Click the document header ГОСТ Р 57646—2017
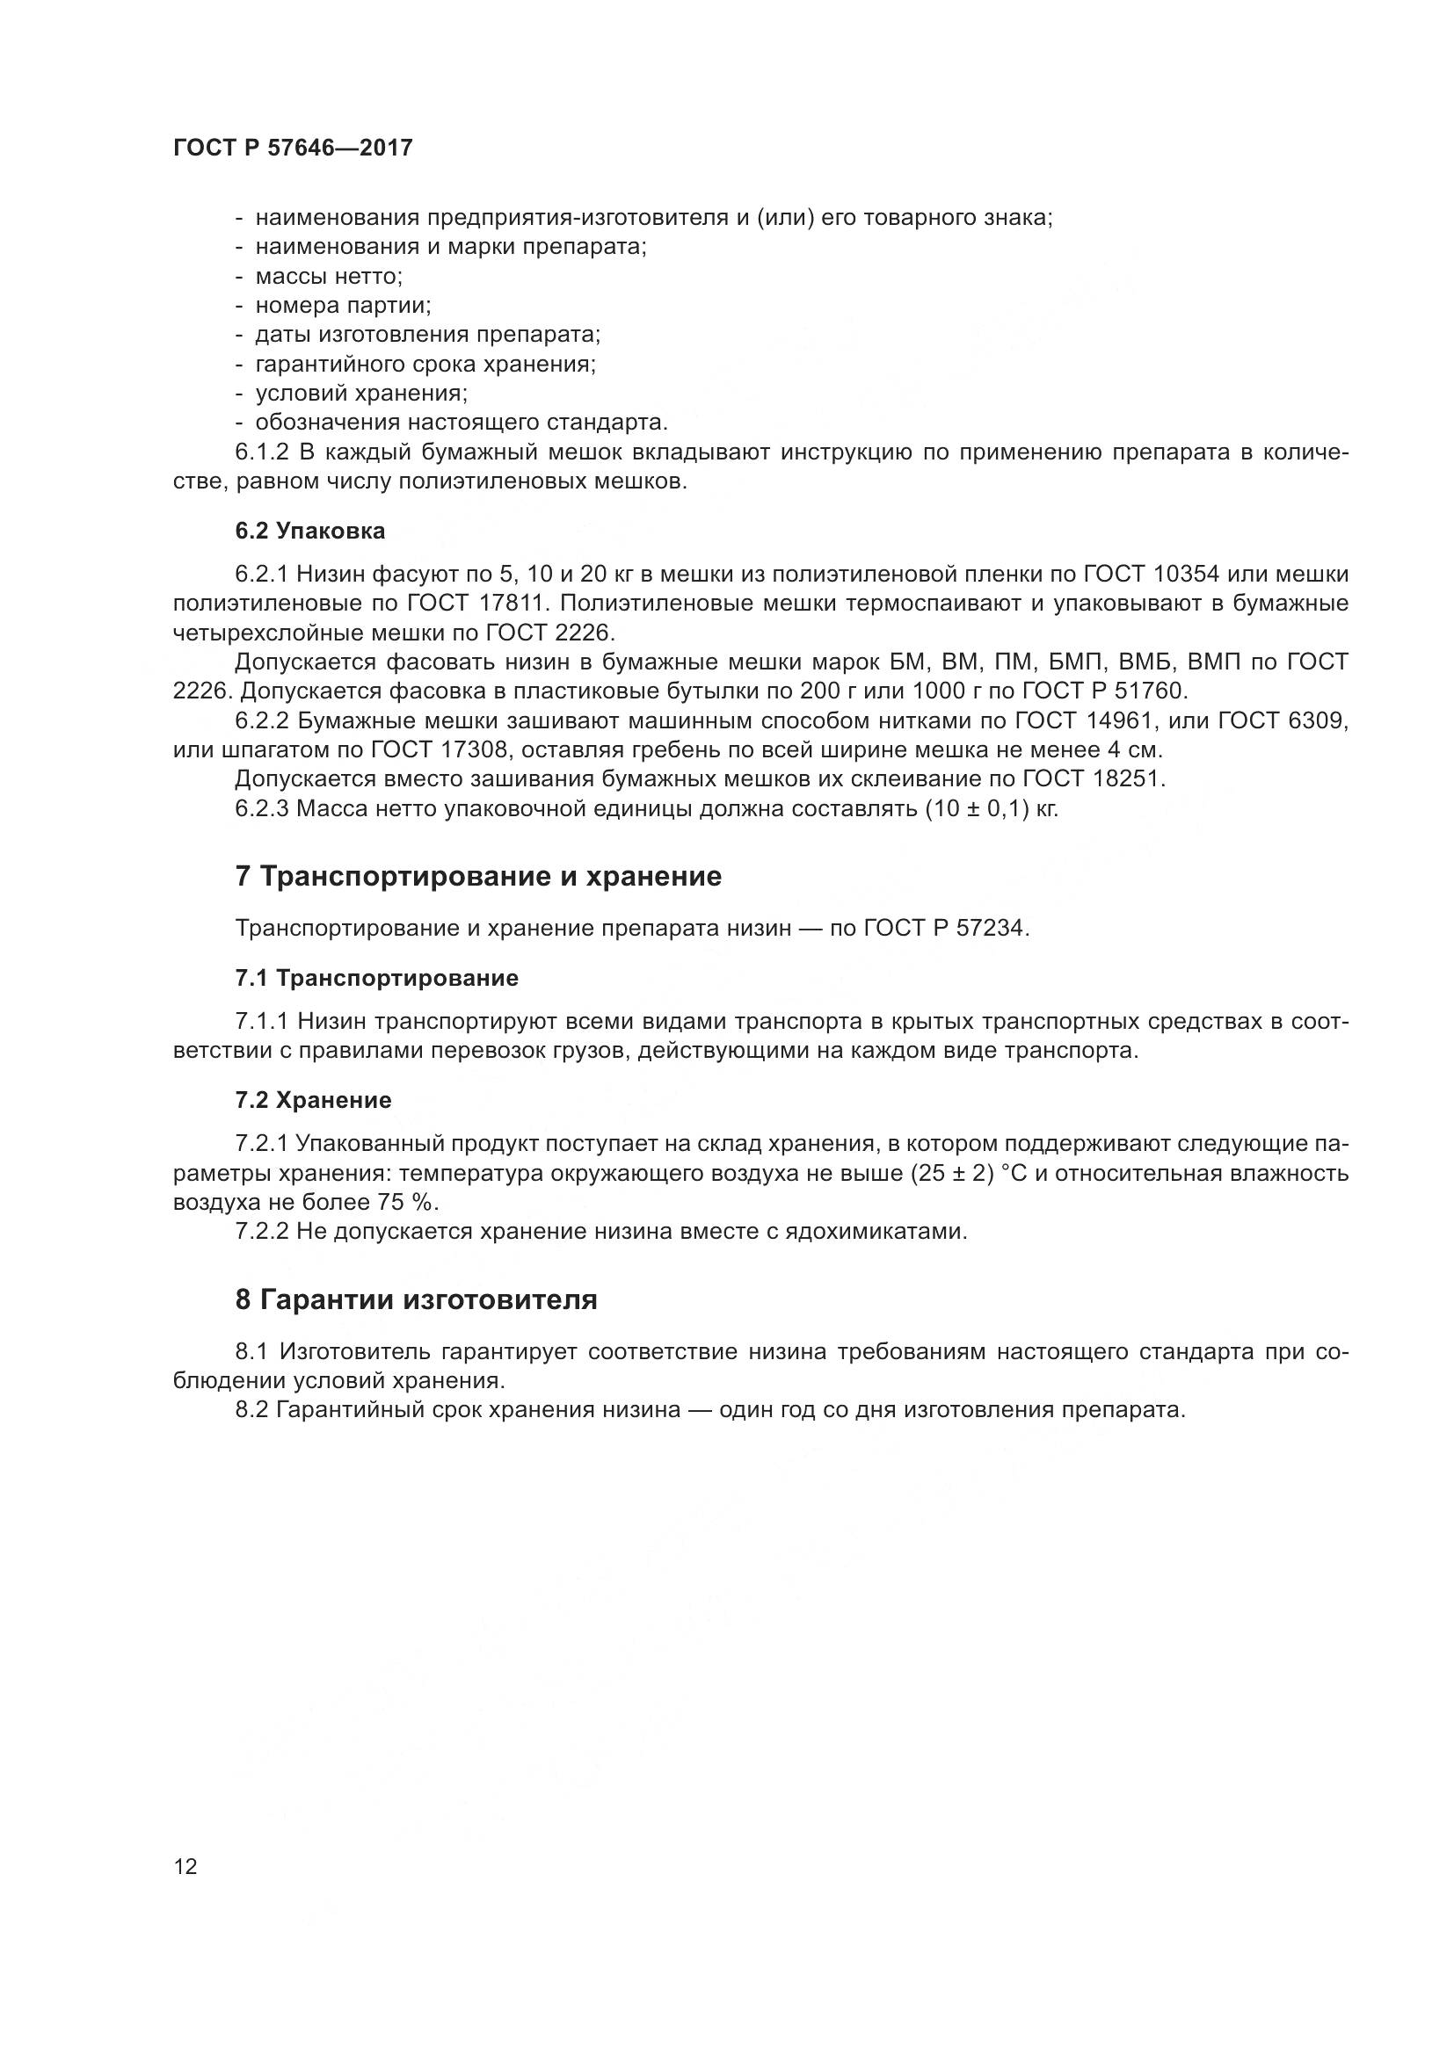[293, 148]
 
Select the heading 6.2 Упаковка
[309, 531]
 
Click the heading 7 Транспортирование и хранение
[478, 876]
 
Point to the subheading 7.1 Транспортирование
[377, 978]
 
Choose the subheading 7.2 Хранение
[313, 1100]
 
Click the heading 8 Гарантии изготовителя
[417, 1299]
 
